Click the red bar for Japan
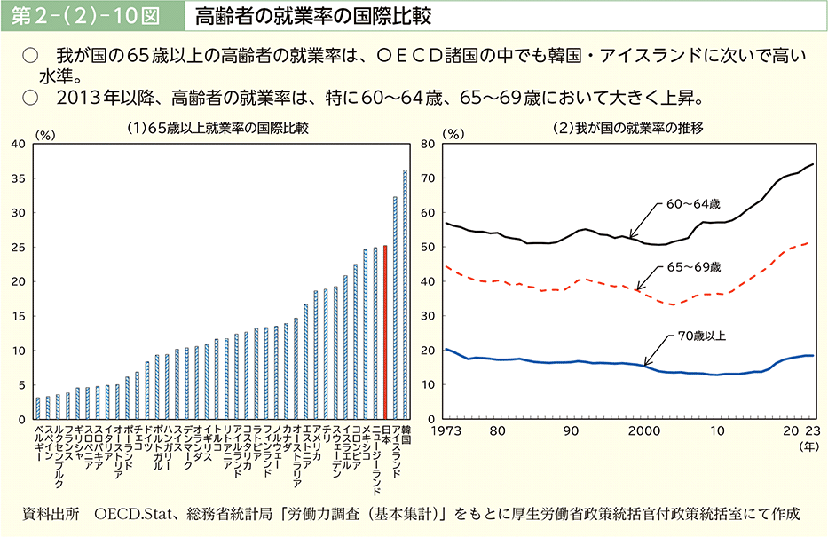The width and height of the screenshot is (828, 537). (x=385, y=332)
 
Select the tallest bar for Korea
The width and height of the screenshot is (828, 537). (x=405, y=294)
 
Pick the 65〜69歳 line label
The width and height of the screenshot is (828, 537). (x=694, y=266)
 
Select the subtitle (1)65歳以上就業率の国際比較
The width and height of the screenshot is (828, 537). (x=218, y=128)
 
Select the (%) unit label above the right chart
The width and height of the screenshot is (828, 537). (x=452, y=134)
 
